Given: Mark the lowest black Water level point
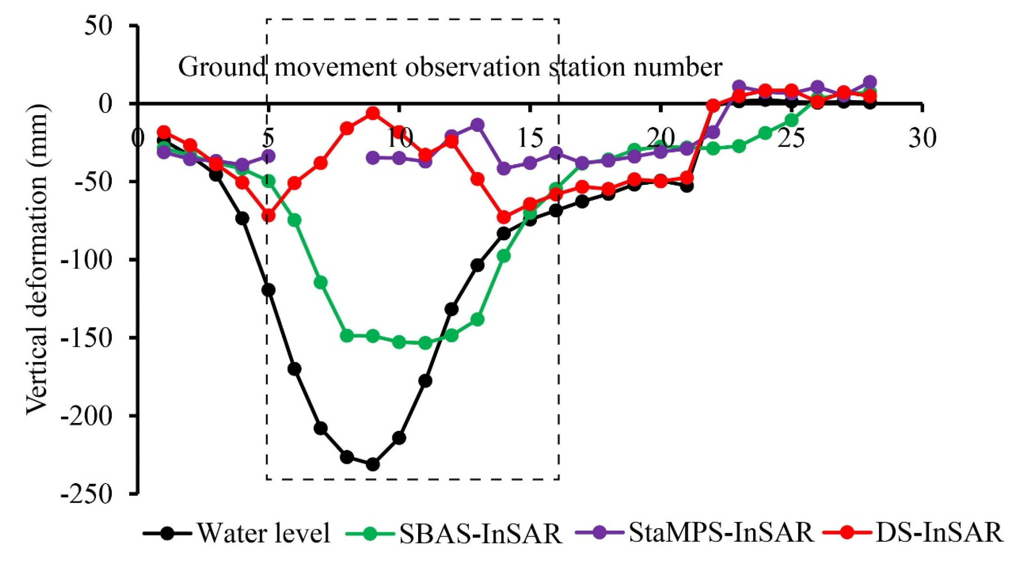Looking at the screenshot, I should tap(372, 465).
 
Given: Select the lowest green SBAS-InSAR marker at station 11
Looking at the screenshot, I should tap(425, 343).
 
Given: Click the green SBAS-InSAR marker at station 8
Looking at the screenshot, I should tap(346, 336).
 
